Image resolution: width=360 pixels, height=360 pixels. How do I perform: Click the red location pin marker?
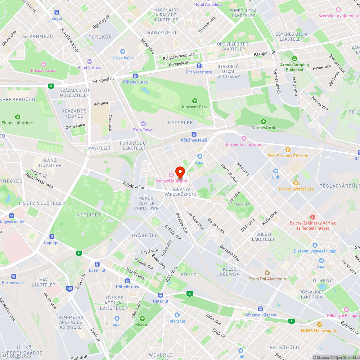coord(180,171)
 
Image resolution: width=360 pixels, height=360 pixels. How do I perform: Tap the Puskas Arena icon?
coord(44,64)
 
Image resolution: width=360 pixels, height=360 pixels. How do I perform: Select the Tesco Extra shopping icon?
coord(123,51)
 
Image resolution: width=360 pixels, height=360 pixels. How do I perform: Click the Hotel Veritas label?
coord(89,67)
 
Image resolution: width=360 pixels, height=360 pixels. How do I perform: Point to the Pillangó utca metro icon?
coord(135,76)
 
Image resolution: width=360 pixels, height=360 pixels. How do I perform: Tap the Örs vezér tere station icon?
coord(199,66)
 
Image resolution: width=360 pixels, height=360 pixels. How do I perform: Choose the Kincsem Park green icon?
coord(195,101)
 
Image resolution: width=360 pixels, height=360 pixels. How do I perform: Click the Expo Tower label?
coord(143,130)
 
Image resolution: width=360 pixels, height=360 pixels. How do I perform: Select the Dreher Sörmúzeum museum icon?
coord(244,138)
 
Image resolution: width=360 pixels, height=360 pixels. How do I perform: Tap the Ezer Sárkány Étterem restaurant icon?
coord(288,150)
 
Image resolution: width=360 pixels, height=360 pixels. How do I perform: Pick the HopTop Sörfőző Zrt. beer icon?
coord(296,183)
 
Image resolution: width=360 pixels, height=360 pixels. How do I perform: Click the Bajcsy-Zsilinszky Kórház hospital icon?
coord(312,217)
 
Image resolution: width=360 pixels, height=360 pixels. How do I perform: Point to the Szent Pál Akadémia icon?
coord(267,273)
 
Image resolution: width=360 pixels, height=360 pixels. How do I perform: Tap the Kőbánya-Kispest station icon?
coord(260,309)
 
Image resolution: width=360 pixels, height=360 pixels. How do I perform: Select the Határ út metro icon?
coord(161,295)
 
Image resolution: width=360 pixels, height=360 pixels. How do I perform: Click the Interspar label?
coord(177,321)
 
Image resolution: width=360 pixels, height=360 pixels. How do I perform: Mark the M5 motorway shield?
coord(69,288)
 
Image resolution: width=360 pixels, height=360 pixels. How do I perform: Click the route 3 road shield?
coord(51,86)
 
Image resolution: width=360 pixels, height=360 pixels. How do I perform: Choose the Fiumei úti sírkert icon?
coord(18,117)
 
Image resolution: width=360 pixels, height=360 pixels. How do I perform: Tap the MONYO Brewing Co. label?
coord(320,330)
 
